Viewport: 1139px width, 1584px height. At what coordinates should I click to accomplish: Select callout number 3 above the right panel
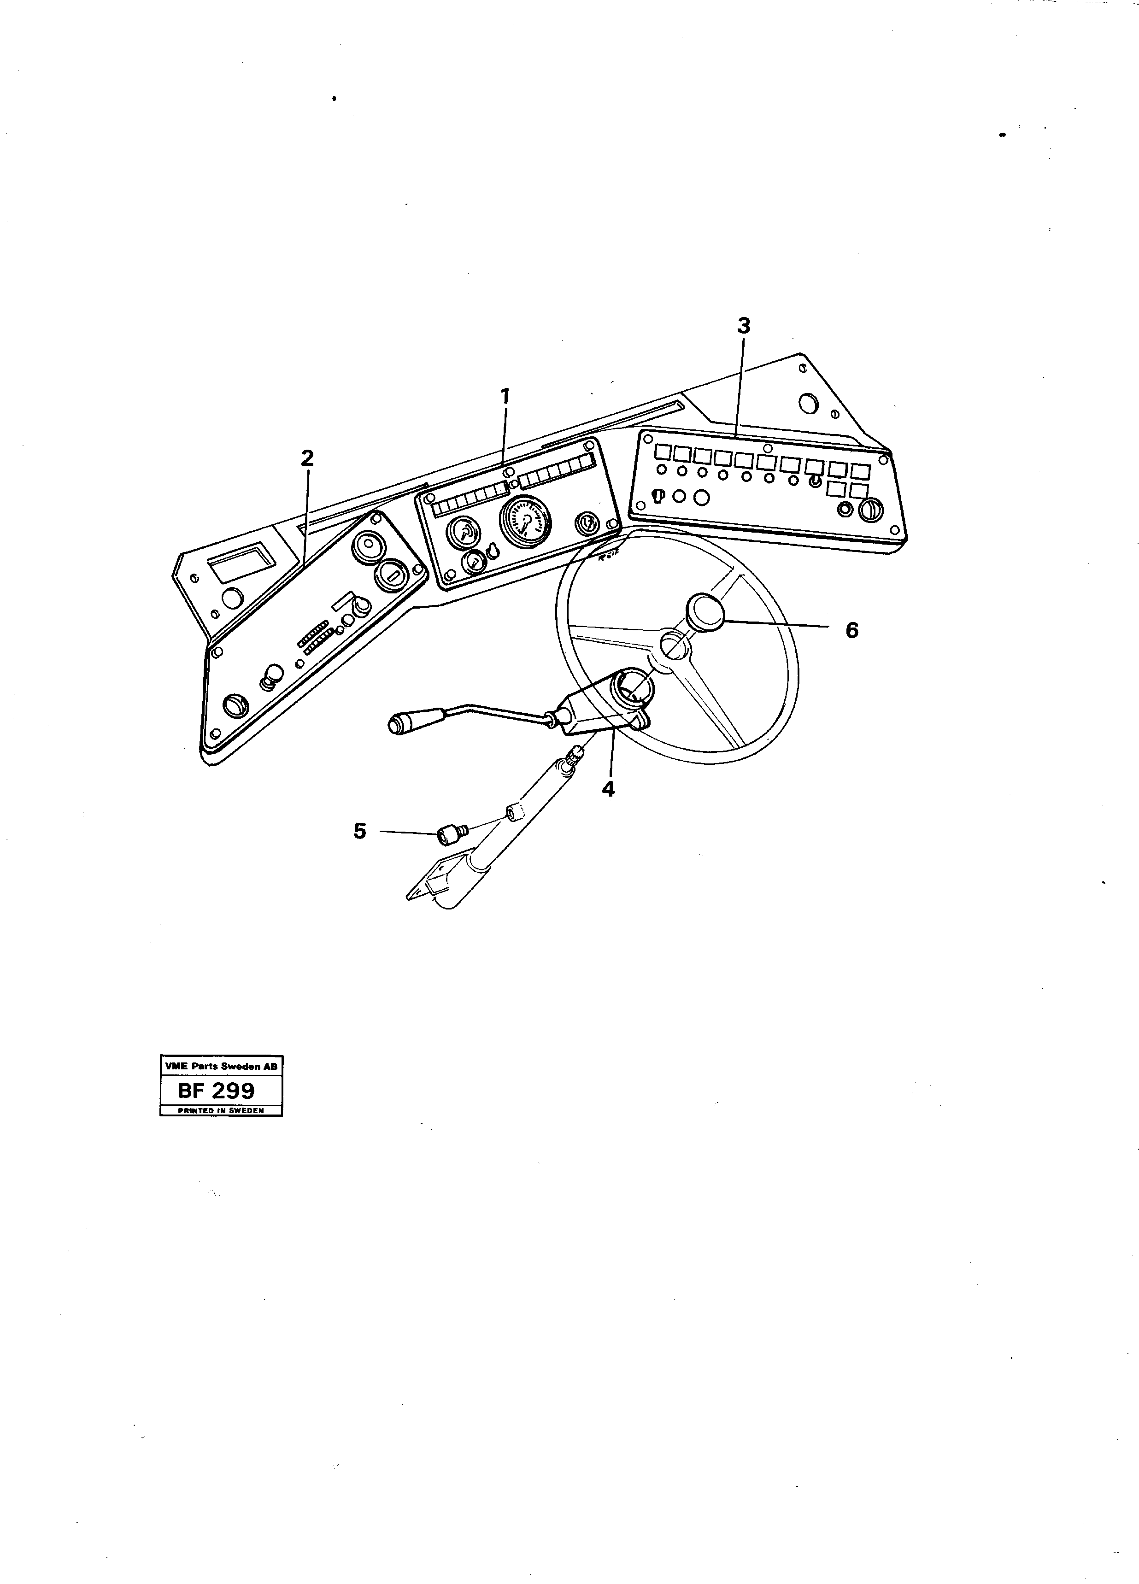tap(744, 325)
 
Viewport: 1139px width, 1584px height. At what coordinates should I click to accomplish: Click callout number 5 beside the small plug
tap(360, 831)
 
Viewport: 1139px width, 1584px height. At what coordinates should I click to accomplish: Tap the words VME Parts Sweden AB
tap(221, 1067)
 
